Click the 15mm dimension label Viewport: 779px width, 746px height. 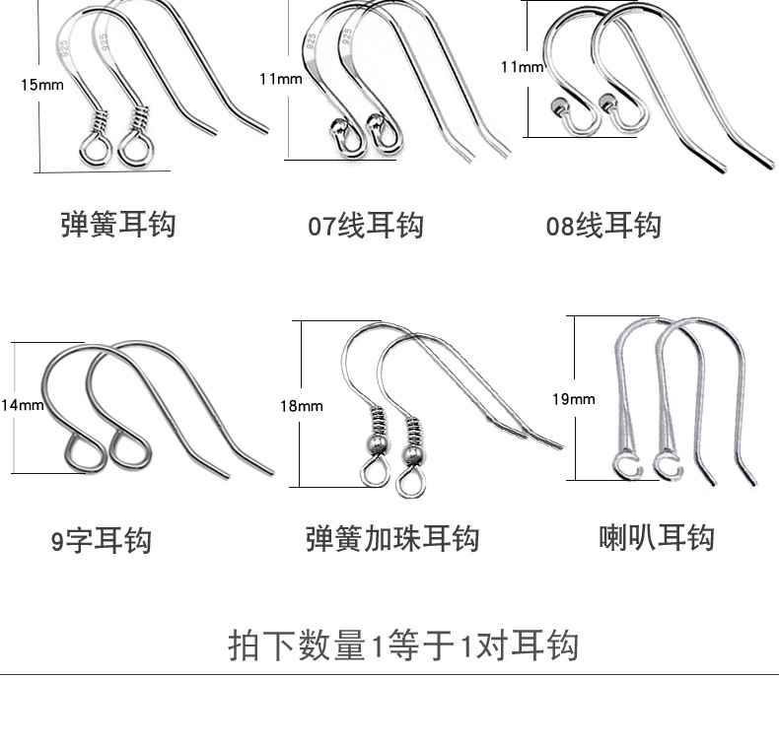pyautogui.click(x=41, y=85)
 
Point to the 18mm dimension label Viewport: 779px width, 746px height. pyautogui.click(x=301, y=405)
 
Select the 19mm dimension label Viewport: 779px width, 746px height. pyautogui.click(x=573, y=399)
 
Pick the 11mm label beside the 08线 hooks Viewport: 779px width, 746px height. pyautogui.click(x=522, y=67)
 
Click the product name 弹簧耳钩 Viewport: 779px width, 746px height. pyautogui.click(x=117, y=224)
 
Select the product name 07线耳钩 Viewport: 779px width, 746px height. pyautogui.click(x=365, y=226)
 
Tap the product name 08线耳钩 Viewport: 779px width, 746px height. pyautogui.click(x=603, y=226)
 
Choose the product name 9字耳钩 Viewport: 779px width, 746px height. pyautogui.click(x=102, y=540)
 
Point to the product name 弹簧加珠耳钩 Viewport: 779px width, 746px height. pyautogui.click(x=391, y=539)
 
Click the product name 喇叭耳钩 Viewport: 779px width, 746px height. pyautogui.click(x=656, y=538)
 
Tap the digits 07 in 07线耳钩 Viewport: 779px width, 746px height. pyautogui.click(x=321, y=227)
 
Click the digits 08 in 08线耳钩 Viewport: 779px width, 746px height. pyautogui.click(x=560, y=227)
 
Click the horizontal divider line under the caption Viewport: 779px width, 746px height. pyautogui.click(x=389, y=675)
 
